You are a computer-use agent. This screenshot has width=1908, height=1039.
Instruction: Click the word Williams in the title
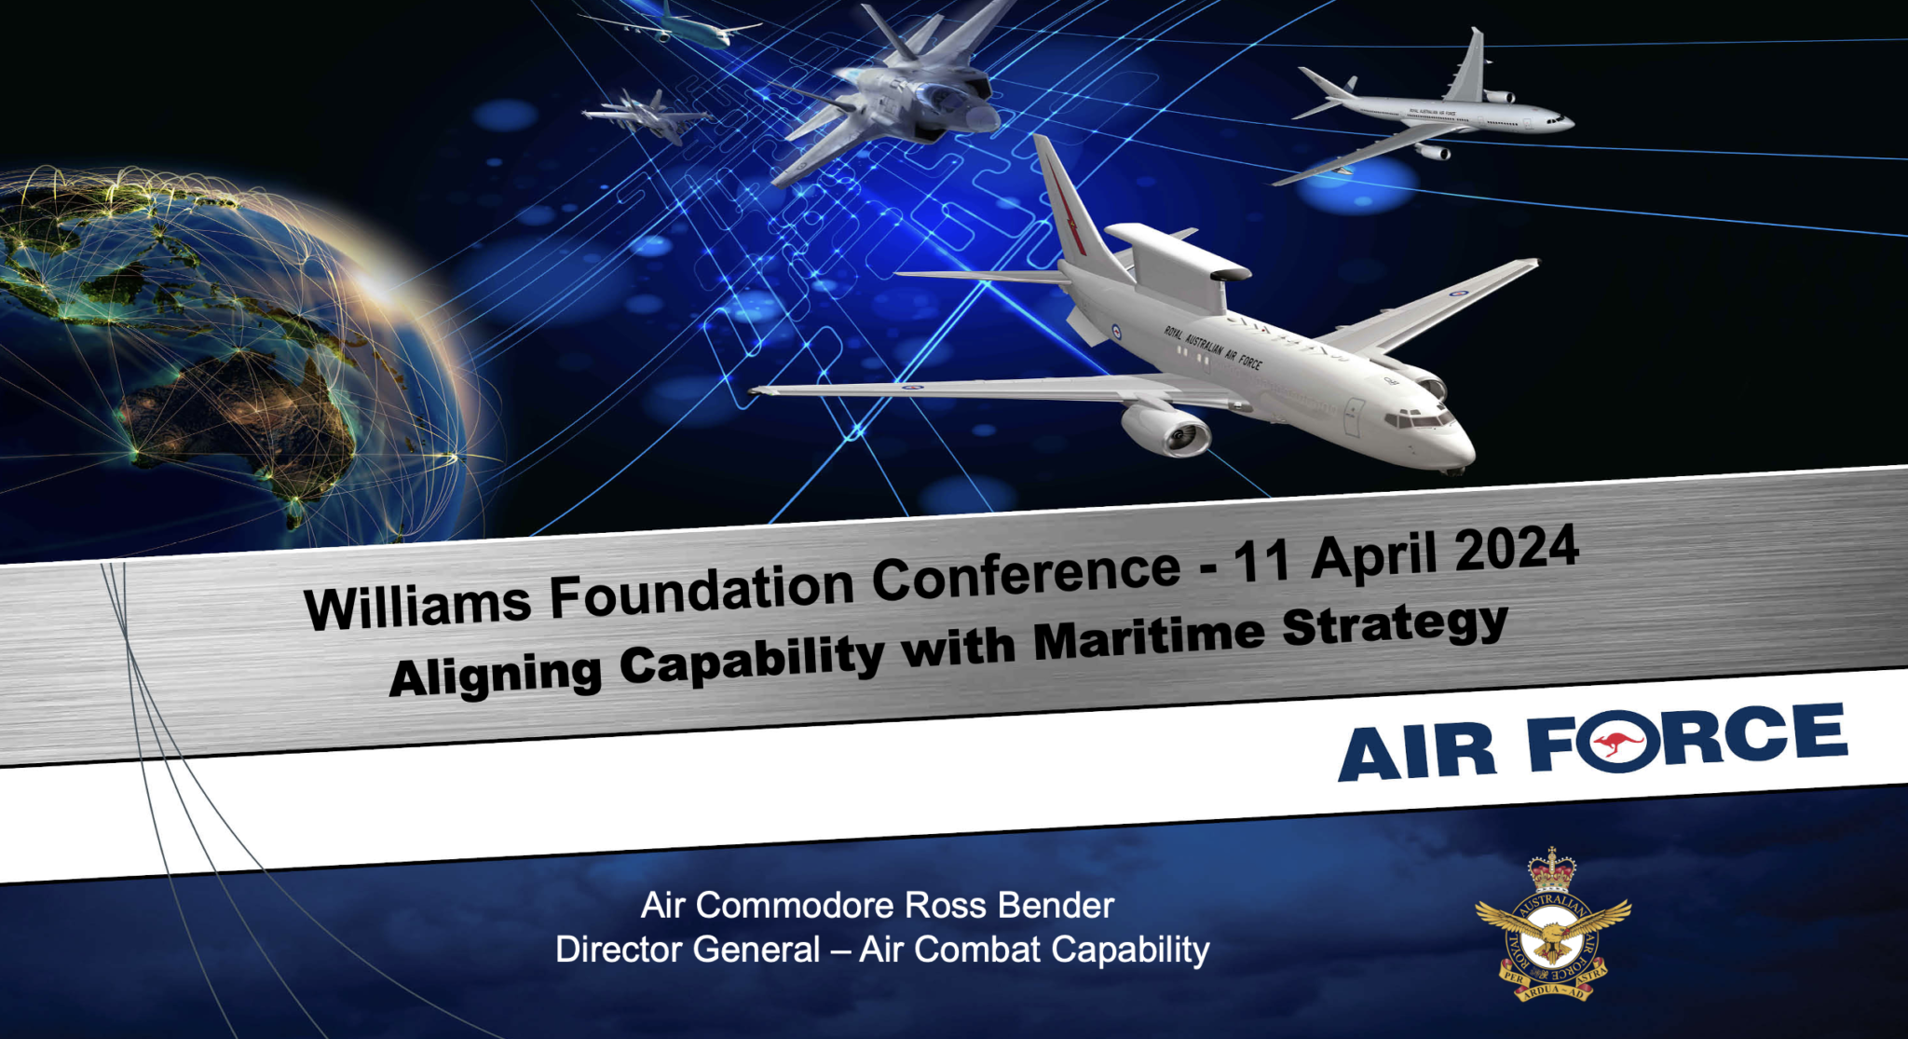point(416,605)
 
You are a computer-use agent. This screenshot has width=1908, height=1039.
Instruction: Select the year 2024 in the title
point(1517,550)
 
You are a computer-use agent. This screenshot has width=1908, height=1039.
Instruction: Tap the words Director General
point(688,950)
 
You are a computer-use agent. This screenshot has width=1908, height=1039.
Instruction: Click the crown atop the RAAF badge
point(1551,870)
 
